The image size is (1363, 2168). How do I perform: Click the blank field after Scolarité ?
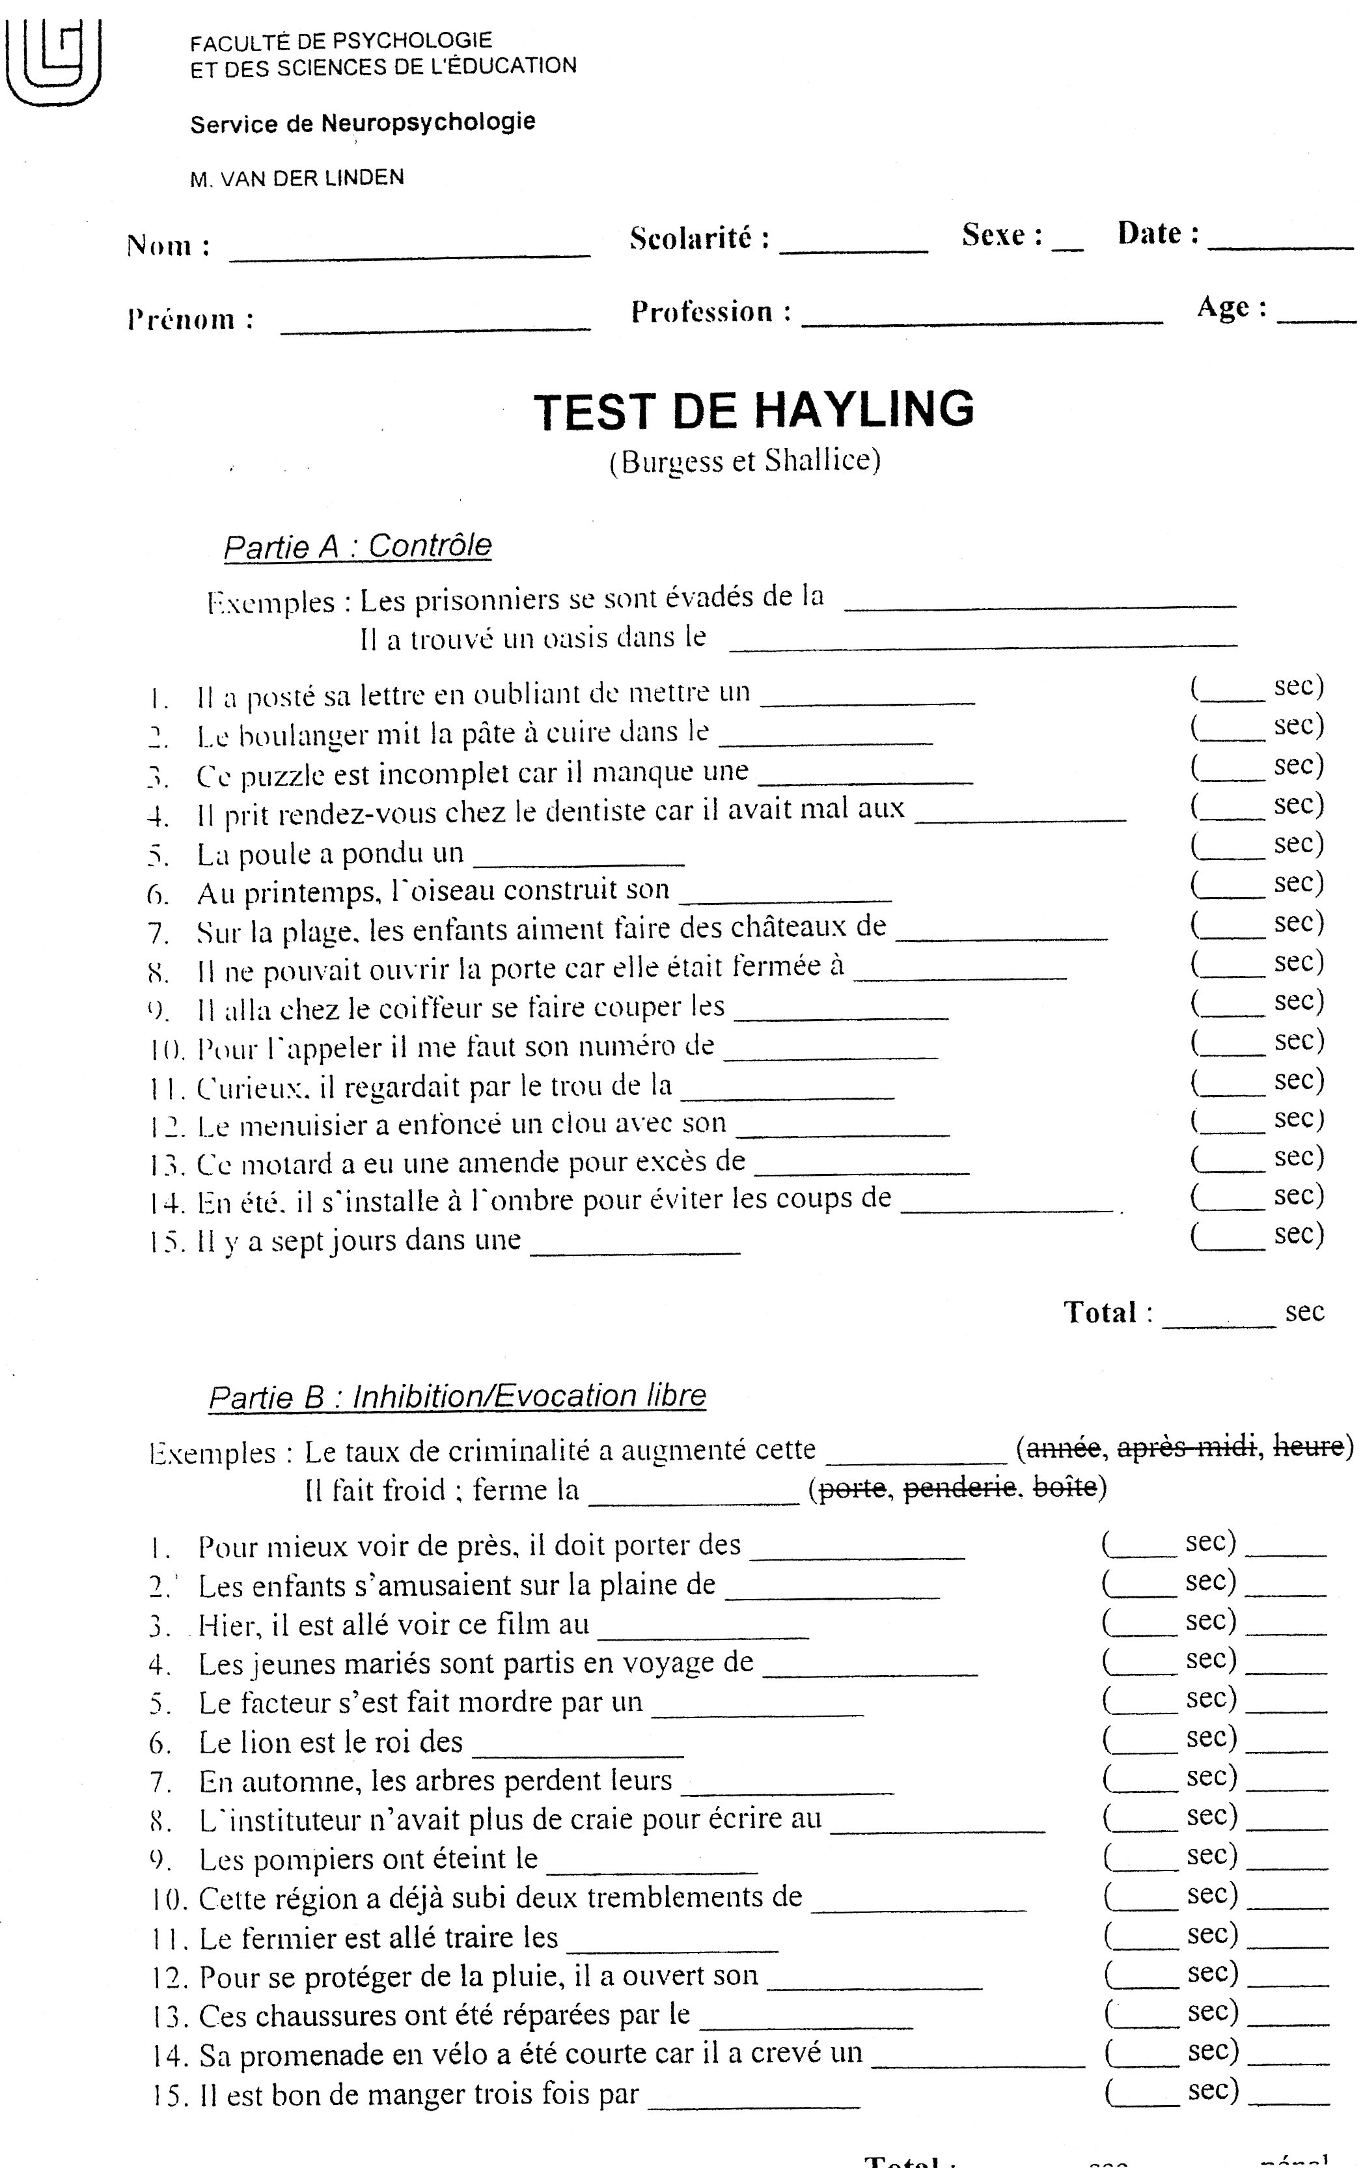(x=853, y=245)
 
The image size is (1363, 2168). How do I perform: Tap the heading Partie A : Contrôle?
(x=357, y=546)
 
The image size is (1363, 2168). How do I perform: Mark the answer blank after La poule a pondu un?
(x=579, y=857)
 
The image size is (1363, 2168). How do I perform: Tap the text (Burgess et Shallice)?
(x=745, y=462)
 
